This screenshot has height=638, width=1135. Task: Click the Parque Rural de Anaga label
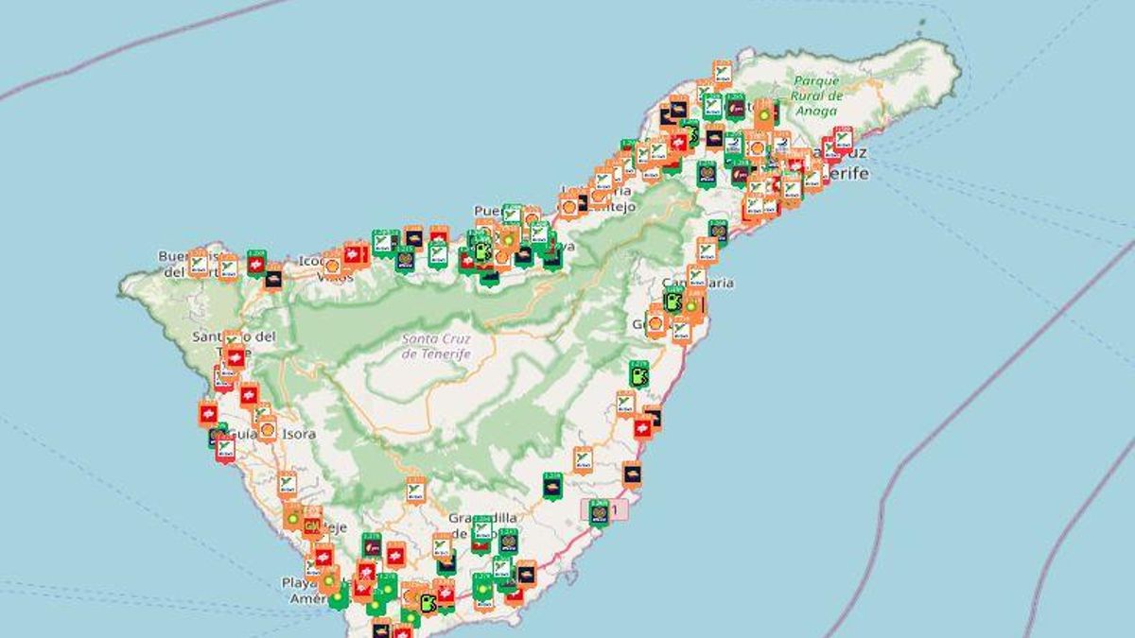click(817, 95)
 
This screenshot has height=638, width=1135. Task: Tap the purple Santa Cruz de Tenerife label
click(436, 346)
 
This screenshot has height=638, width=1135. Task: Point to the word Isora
click(298, 434)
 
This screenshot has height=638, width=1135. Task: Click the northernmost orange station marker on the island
click(722, 72)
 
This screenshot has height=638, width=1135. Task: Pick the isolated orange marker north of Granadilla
click(415, 490)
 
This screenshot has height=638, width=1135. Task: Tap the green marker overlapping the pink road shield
click(599, 511)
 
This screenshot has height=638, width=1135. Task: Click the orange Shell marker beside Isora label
click(268, 429)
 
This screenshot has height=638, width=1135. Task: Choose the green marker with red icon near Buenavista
click(256, 262)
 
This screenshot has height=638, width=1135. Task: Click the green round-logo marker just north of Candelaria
click(719, 232)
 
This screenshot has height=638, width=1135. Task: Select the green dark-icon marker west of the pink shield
click(552, 485)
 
